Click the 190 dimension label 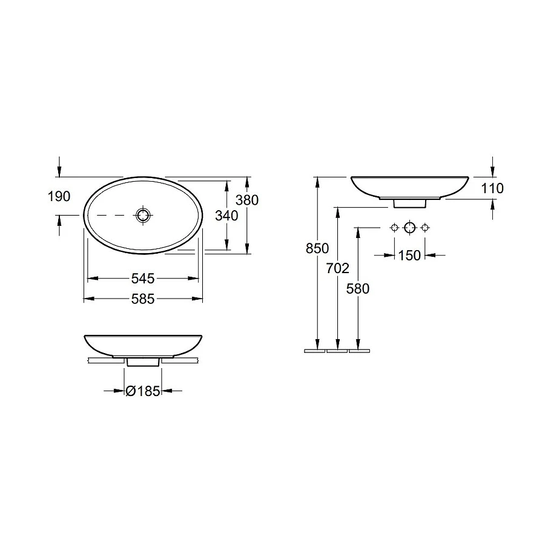coord(59,196)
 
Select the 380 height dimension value coord(247,200)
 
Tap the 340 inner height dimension coord(227,215)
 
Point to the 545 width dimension coord(143,279)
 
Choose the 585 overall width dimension coord(143,299)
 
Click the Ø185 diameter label coord(143,391)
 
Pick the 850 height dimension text coord(317,248)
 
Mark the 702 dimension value coord(338,269)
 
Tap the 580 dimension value coord(358,289)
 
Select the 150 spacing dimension coord(409,256)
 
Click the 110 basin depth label coord(492,188)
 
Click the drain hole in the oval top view coord(143,215)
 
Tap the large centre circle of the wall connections coord(409,228)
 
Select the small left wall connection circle coord(394,228)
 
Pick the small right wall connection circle coord(425,228)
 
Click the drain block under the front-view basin coord(143,362)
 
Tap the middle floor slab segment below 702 coord(337,351)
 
